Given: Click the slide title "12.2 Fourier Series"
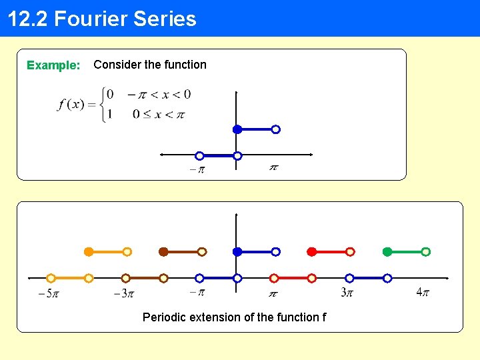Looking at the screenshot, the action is pyautogui.click(x=102, y=19).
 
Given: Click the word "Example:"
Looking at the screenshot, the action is pyautogui.click(x=53, y=65).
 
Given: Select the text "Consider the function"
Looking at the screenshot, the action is pyautogui.click(x=150, y=65).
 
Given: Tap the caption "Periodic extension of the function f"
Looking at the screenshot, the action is pyautogui.click(x=234, y=317).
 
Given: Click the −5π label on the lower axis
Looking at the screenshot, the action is pyautogui.click(x=48, y=293).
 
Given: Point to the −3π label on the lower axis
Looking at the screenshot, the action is pyautogui.click(x=124, y=293).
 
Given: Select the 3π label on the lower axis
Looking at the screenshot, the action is pyautogui.click(x=347, y=293).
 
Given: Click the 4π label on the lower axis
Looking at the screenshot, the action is pyautogui.click(x=422, y=293).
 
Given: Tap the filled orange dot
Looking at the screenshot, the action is pyautogui.click(x=88, y=252).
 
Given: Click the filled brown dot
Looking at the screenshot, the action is pyautogui.click(x=163, y=252).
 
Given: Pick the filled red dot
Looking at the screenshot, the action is pyautogui.click(x=311, y=252).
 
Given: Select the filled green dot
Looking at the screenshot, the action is pyautogui.click(x=387, y=252).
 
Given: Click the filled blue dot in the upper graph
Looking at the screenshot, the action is pyautogui.click(x=237, y=129).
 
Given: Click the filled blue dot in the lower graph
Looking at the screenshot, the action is pyautogui.click(x=237, y=252).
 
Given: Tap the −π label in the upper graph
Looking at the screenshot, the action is pyautogui.click(x=197, y=169).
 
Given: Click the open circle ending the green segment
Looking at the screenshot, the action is pyautogui.click(x=426, y=252).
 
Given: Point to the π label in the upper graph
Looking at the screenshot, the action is pyautogui.click(x=273, y=167).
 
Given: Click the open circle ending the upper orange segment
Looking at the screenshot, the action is pyautogui.click(x=127, y=252).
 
